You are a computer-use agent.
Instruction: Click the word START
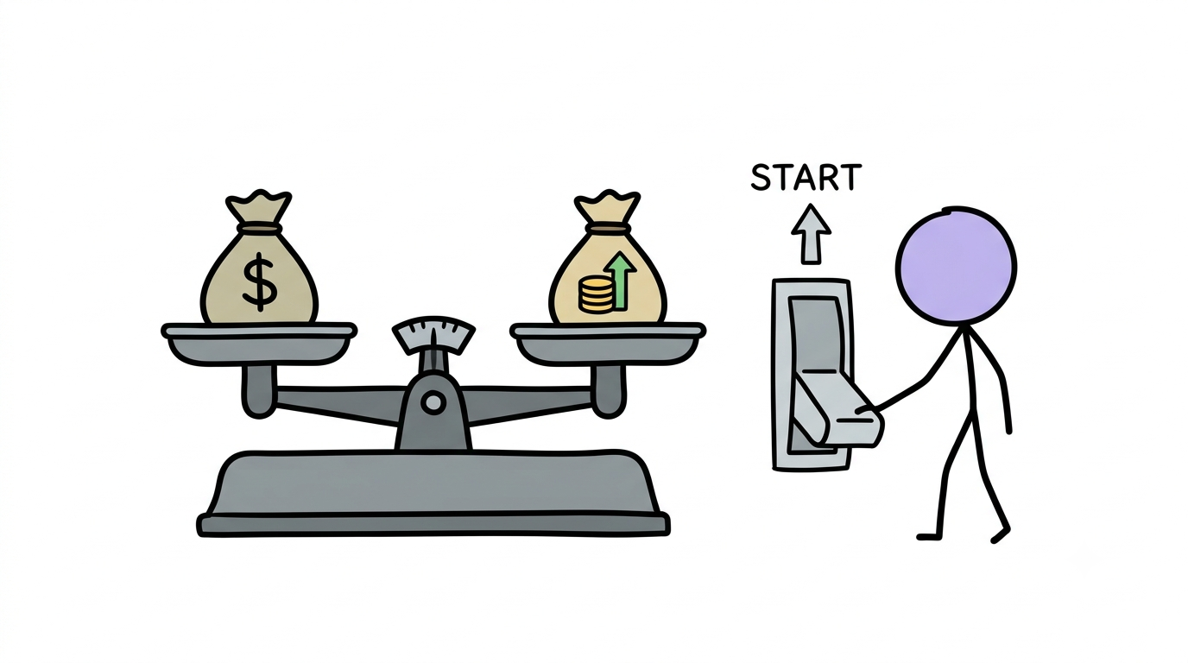(806, 177)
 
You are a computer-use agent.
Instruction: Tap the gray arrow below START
(811, 234)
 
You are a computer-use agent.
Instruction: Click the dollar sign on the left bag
(259, 281)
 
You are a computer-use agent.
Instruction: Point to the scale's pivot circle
(433, 403)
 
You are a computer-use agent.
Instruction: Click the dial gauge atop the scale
(433, 335)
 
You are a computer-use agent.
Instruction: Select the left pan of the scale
(259, 344)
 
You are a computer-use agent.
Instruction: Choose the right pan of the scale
(608, 344)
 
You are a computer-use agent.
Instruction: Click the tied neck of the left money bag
(259, 228)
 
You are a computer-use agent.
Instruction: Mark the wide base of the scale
(433, 493)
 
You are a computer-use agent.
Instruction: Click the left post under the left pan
(259, 391)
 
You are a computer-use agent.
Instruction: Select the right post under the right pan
(609, 390)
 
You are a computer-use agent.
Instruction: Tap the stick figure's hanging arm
(996, 382)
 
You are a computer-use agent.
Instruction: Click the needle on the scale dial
(434, 344)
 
